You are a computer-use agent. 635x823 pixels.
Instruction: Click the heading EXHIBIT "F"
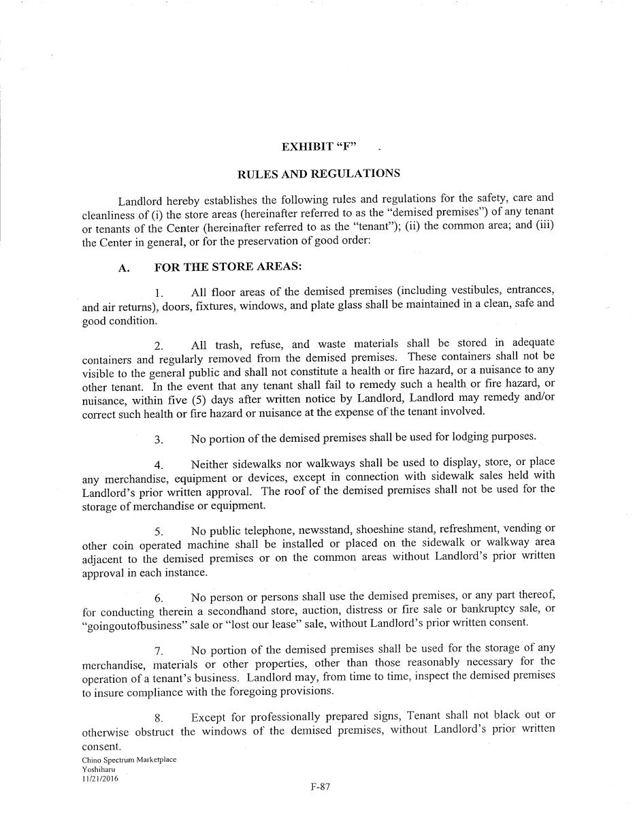coord(319,146)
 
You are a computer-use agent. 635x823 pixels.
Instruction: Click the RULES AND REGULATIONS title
coord(319,174)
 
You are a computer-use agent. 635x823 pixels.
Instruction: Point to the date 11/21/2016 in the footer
coord(99,779)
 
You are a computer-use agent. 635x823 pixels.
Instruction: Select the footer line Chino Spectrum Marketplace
coord(129,760)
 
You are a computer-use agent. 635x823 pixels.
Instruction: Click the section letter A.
coord(123,268)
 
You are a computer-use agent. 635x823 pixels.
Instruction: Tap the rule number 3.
coord(158,440)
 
